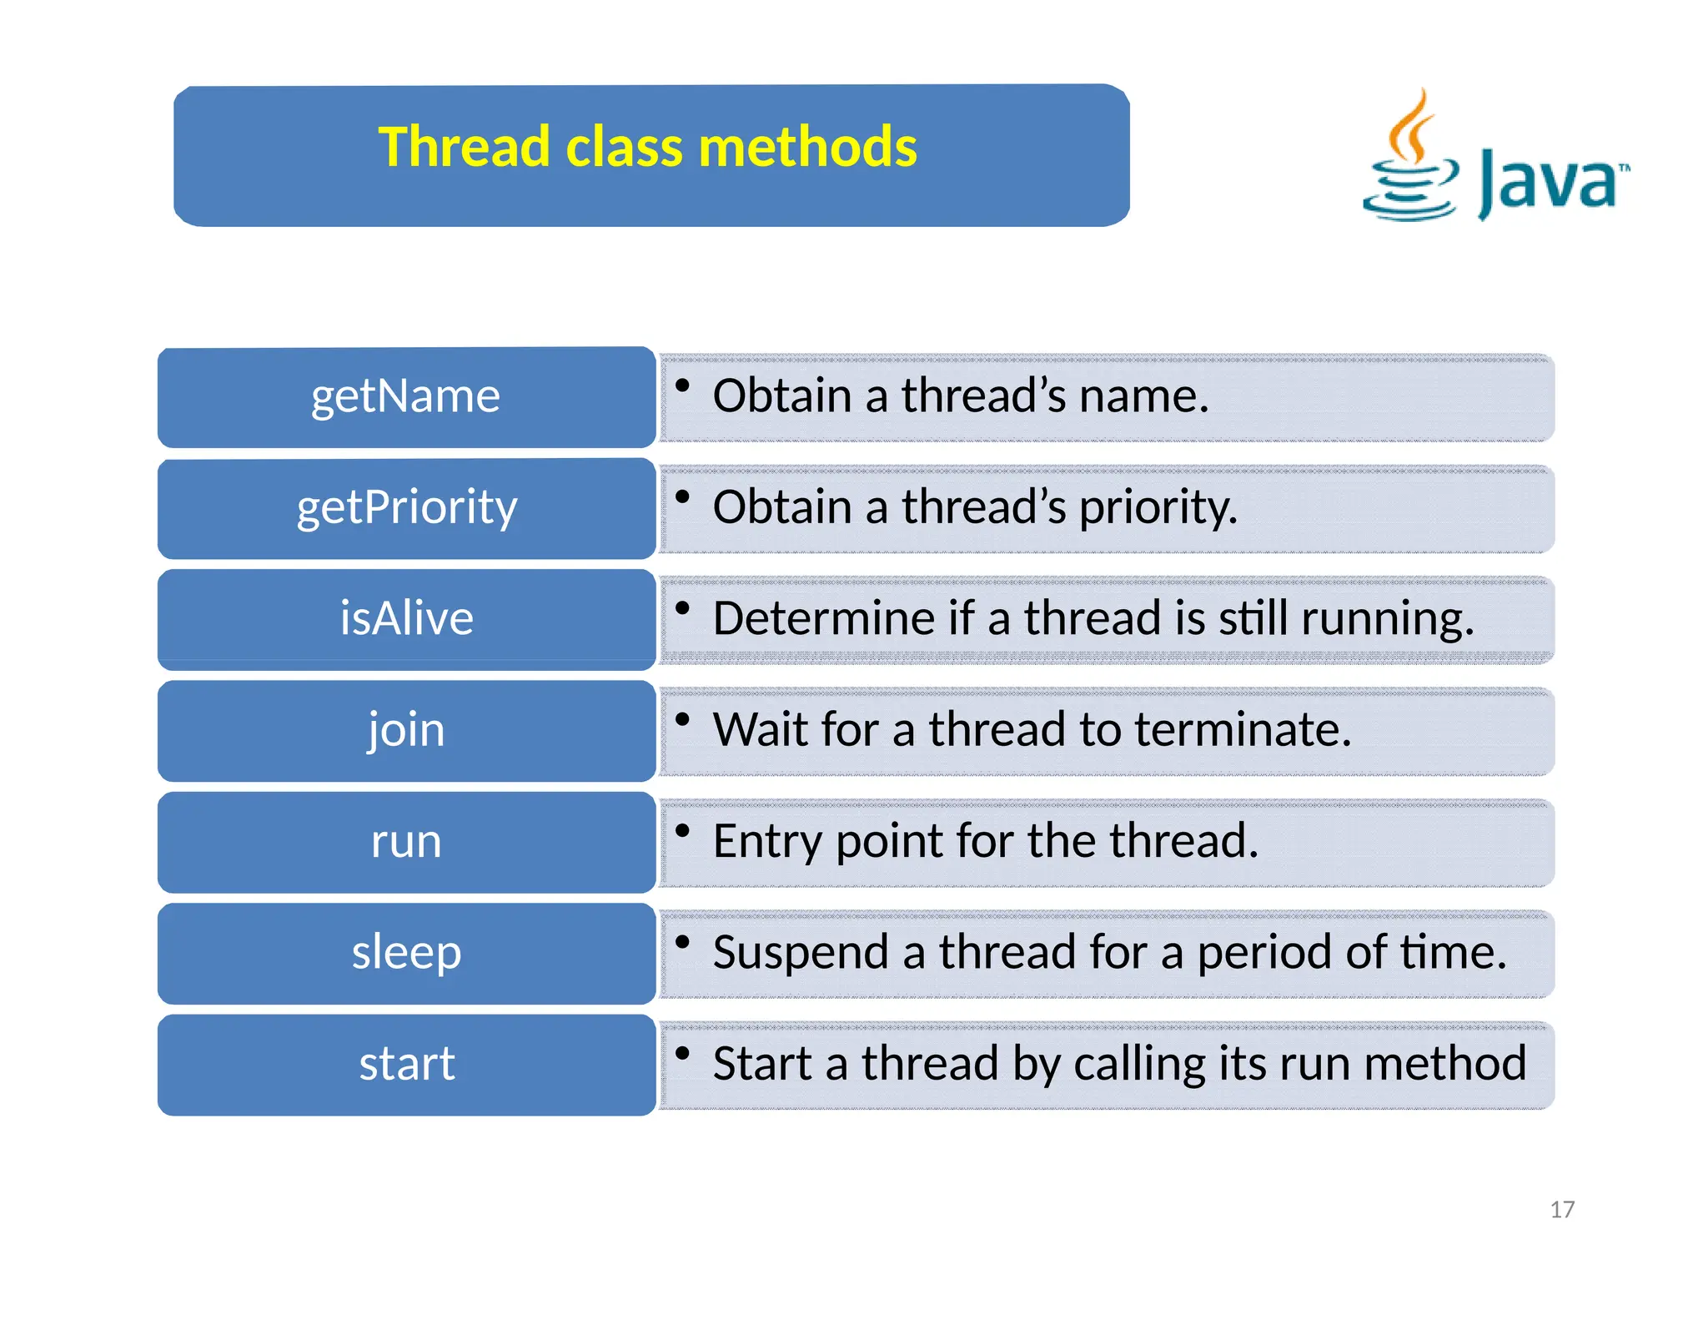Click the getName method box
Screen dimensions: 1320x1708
pos(406,397)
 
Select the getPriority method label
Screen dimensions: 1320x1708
pos(406,508)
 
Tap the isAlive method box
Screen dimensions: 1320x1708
pos(406,619)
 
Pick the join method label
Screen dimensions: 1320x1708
pos(406,730)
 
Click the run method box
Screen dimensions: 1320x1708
pos(406,841)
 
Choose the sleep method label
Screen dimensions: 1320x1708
pos(406,953)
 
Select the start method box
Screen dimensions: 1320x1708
pos(406,1064)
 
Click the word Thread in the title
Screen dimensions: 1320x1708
pos(464,147)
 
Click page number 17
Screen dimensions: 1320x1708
pos(1562,1209)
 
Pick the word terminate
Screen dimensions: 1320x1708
pos(1242,730)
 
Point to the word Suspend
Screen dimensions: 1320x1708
pos(801,952)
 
